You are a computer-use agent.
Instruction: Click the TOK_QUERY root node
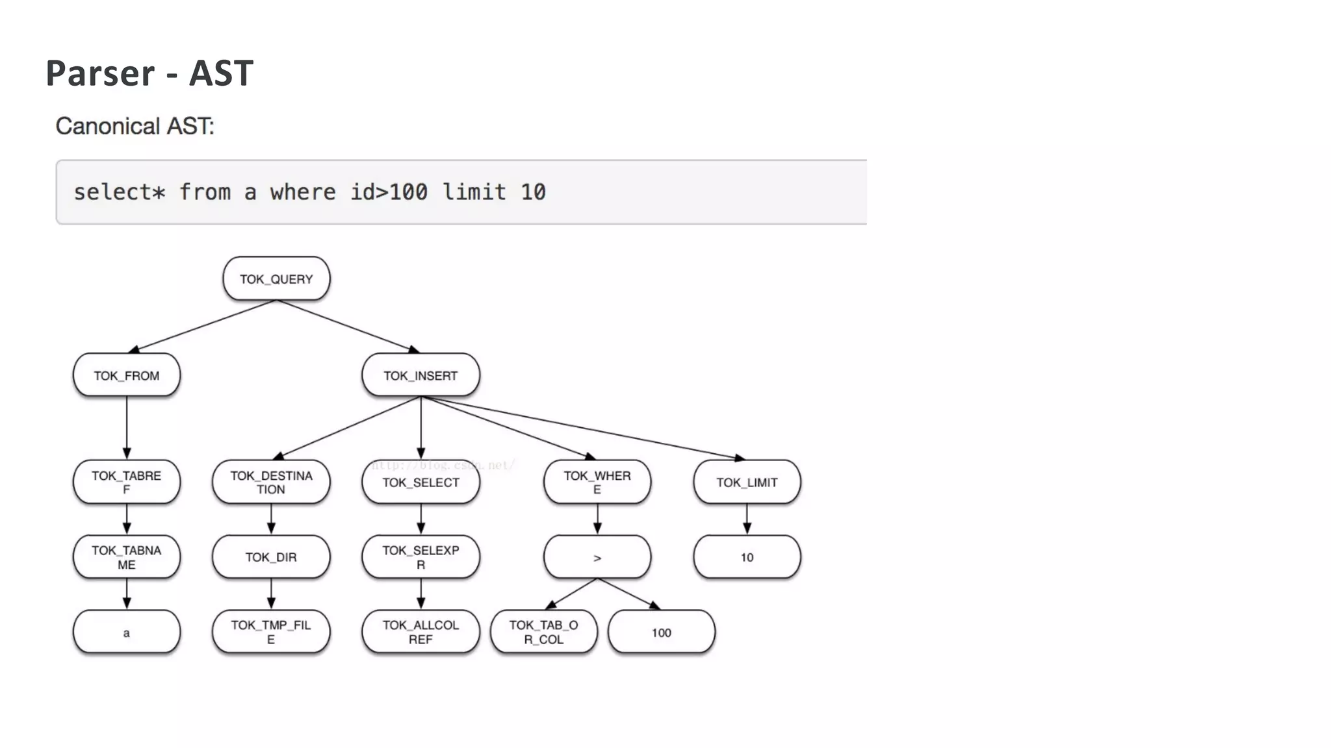click(276, 279)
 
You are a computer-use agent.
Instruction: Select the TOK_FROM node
click(126, 375)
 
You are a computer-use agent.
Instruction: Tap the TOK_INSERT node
click(420, 375)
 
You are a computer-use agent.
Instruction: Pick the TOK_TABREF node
click(126, 482)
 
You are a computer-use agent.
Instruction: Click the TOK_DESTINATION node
click(271, 482)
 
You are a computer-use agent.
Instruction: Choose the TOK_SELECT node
click(420, 482)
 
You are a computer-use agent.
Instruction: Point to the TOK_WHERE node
click(597, 482)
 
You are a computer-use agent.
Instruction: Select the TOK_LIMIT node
click(747, 482)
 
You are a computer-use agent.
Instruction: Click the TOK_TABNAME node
click(126, 557)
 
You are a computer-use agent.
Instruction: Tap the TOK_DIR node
click(271, 557)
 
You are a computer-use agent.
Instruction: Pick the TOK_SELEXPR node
click(420, 557)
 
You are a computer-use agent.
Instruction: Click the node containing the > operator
click(597, 557)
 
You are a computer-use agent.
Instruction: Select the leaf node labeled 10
click(747, 557)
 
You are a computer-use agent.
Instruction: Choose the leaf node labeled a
click(126, 632)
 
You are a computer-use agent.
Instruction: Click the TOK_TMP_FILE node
click(271, 632)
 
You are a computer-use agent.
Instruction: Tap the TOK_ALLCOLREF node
click(420, 632)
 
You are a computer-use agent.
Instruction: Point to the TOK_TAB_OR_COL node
click(543, 632)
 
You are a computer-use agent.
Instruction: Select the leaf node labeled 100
click(661, 632)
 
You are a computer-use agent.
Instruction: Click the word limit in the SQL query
click(474, 192)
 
